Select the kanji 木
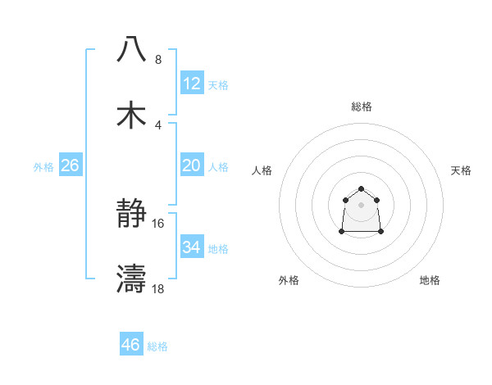[x=131, y=115]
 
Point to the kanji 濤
[x=131, y=279]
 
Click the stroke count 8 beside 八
[x=157, y=60]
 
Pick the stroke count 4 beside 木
[x=157, y=125]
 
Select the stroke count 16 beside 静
[x=158, y=224]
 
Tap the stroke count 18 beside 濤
[x=158, y=289]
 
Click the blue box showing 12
[x=191, y=84]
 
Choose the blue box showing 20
[x=191, y=165]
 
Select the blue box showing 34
[x=191, y=247]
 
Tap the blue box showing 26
[x=70, y=166]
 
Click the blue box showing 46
[x=130, y=345]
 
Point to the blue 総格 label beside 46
[x=157, y=346]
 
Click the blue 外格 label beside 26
[x=43, y=167]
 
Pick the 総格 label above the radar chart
[x=361, y=106]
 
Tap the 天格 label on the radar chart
[x=461, y=170]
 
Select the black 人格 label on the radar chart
[x=262, y=170]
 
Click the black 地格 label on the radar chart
[x=430, y=280]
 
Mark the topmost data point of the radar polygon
[x=361, y=189]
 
